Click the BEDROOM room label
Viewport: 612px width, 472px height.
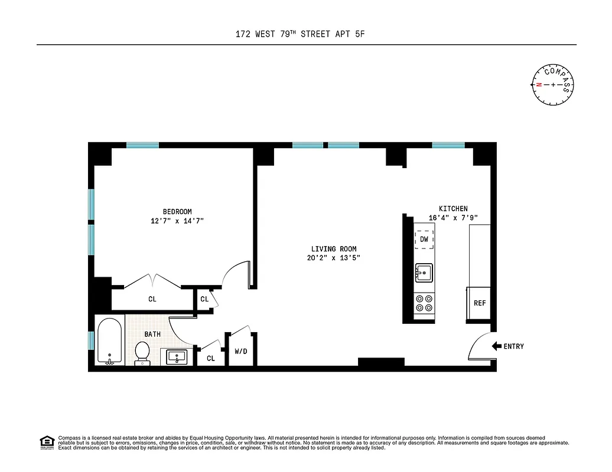point(177,212)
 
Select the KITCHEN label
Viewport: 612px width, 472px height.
point(453,208)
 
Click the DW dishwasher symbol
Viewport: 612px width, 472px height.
point(424,240)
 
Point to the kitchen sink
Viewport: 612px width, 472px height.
point(424,273)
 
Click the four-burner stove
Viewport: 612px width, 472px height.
point(424,303)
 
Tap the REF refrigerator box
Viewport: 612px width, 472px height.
point(479,303)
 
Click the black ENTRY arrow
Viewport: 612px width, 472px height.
point(496,346)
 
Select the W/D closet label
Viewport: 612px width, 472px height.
point(241,352)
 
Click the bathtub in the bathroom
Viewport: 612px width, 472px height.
point(109,342)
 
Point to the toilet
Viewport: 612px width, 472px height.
point(142,353)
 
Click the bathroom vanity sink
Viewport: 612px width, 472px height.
point(177,357)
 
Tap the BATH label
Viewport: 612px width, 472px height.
point(152,334)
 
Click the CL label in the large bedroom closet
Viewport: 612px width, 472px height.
point(152,299)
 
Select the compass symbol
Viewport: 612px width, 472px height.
point(554,85)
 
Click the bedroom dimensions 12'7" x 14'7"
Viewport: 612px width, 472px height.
point(177,221)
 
